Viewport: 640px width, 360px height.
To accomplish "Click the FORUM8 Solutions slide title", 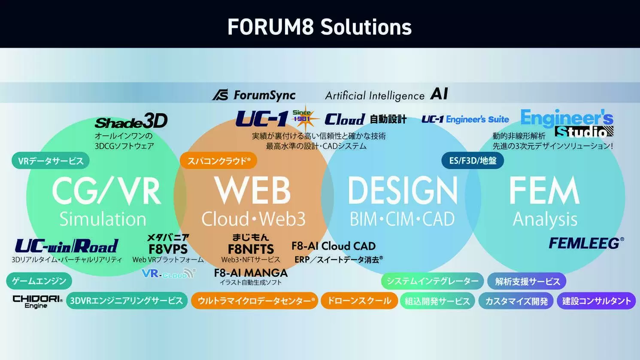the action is (x=319, y=27).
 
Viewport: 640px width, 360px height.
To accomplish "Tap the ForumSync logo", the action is (x=254, y=95).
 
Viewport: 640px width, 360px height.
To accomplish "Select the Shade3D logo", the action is (x=131, y=121).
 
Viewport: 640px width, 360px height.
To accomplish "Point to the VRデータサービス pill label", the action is (x=51, y=160).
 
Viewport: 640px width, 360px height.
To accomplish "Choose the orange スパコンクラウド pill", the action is (x=218, y=160).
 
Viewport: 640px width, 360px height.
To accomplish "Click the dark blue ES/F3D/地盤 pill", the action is (x=473, y=160).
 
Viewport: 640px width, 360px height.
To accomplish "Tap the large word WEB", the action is (x=252, y=190).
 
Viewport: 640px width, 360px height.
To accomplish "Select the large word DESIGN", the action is (x=402, y=190).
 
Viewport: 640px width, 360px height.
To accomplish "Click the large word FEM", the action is (x=544, y=190).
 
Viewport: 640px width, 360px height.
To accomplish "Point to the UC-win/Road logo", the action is (x=67, y=246).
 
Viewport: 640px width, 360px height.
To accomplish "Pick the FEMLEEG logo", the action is (x=586, y=243).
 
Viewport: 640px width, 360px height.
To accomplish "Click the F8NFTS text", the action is (x=251, y=249).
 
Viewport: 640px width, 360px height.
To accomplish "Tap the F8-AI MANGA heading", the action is (x=251, y=273).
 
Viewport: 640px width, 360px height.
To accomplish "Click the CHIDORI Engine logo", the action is (x=37, y=302).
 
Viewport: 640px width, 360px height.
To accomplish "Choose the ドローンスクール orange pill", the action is (x=359, y=301).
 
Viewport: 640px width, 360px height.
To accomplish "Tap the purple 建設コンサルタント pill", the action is (x=596, y=301).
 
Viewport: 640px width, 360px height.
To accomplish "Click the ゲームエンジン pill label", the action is (x=39, y=281).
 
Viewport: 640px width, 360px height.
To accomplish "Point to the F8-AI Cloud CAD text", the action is (x=334, y=246).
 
